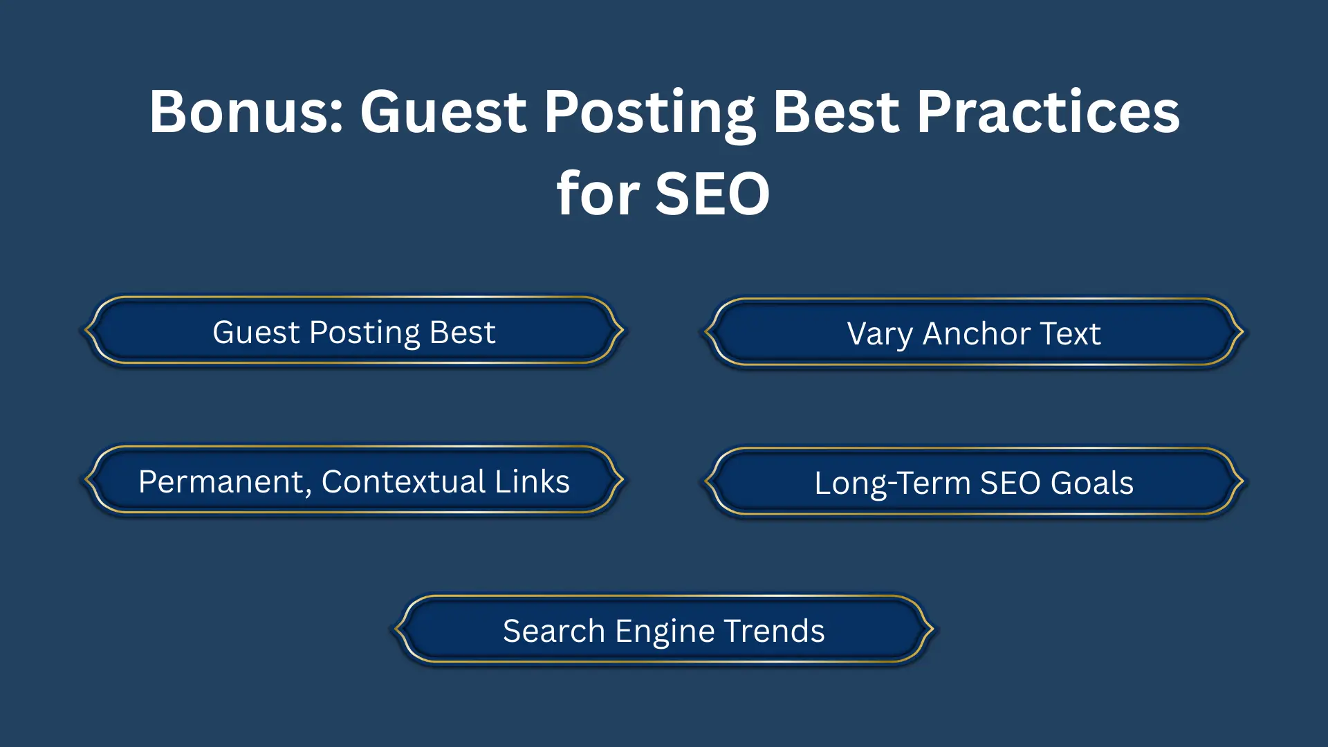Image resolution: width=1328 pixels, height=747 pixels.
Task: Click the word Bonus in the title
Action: tap(246, 112)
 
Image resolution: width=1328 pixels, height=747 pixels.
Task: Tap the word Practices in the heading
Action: tap(1048, 112)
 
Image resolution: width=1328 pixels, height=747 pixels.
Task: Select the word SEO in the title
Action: tap(712, 194)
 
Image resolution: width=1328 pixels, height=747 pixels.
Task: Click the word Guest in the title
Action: tap(443, 112)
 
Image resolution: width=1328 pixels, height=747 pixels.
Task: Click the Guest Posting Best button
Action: tap(353, 332)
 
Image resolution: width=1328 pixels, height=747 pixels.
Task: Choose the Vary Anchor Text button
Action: tap(974, 333)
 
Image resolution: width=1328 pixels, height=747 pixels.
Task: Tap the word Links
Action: tap(532, 481)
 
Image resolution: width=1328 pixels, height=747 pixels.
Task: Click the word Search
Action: tap(554, 631)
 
